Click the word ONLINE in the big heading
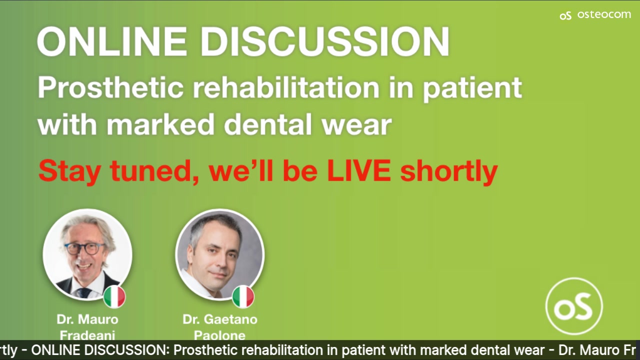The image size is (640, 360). coord(112,41)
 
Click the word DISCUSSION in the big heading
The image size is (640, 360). coord(325,41)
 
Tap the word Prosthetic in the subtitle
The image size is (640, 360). coord(110,88)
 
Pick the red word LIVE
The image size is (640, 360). coord(359,170)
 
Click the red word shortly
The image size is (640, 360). coord(449,172)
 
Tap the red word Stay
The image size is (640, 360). coord(69,172)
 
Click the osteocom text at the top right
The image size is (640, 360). coord(604,14)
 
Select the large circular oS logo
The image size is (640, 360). coord(574,306)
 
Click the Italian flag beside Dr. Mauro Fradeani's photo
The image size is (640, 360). coord(114,296)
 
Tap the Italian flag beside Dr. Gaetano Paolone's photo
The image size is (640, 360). coord(243,296)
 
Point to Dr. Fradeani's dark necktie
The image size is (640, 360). coord(84,293)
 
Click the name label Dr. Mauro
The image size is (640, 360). coord(87,319)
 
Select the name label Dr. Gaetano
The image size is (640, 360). coord(220,319)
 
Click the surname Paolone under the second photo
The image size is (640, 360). coord(219,335)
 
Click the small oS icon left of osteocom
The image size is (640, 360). coord(565,15)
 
